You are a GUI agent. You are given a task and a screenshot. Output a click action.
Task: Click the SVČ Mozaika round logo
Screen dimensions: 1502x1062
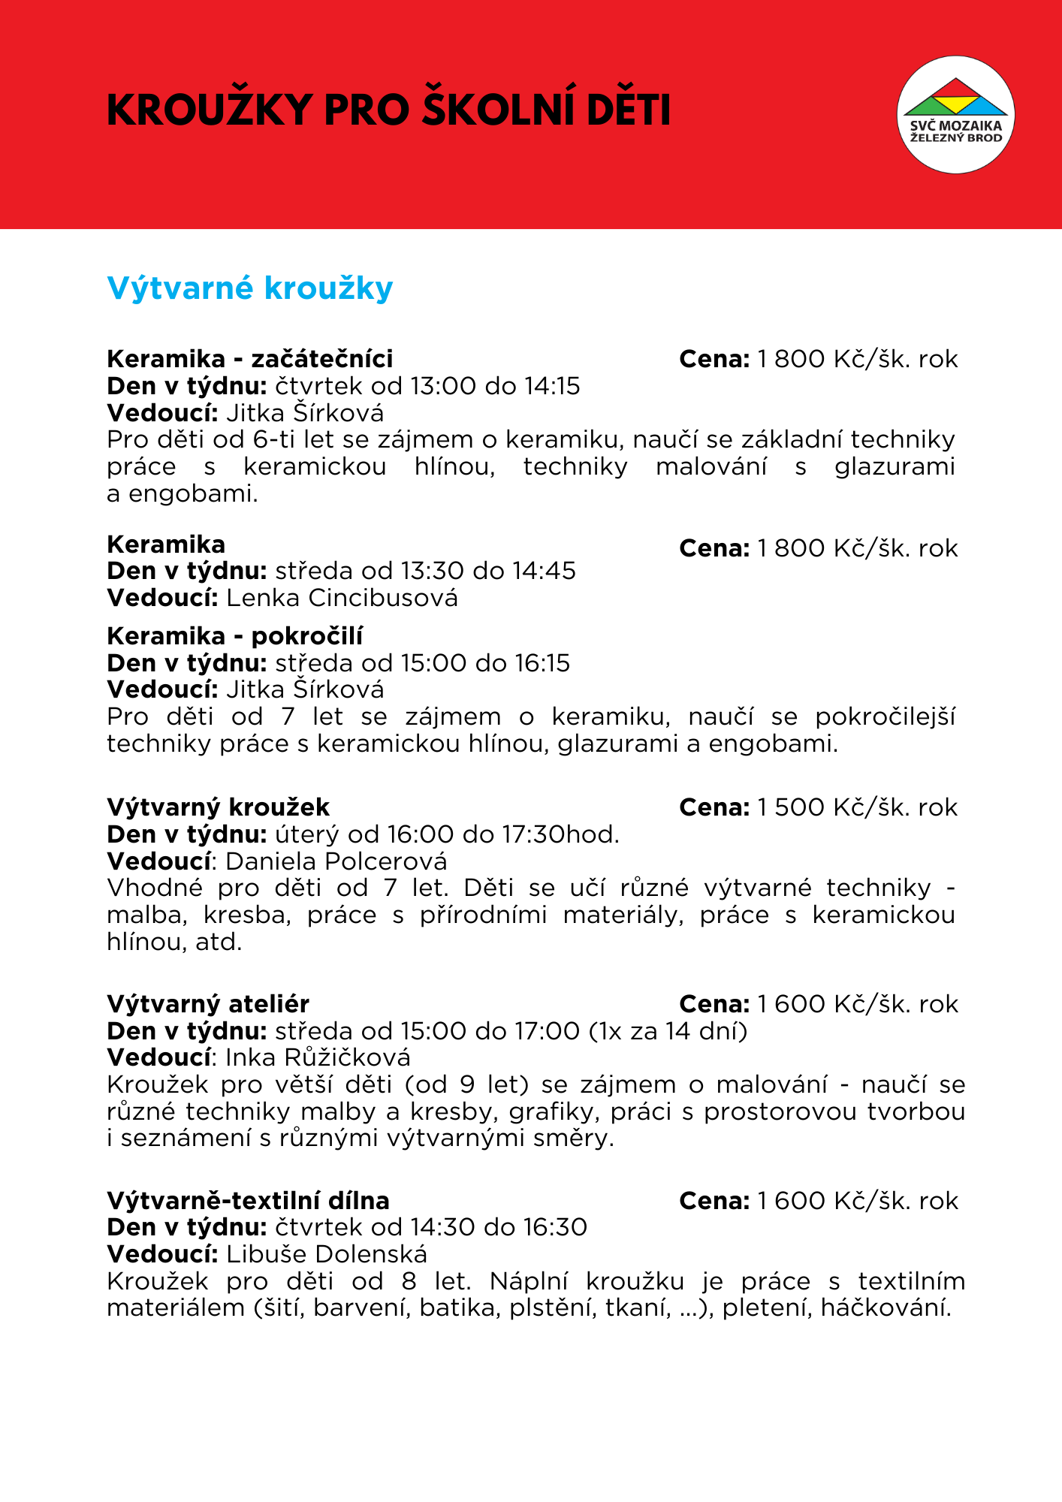pos(955,114)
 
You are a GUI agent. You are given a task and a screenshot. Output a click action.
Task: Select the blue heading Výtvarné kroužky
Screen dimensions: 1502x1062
pos(250,288)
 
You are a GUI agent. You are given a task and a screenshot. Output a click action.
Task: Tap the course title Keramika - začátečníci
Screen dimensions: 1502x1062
pos(250,359)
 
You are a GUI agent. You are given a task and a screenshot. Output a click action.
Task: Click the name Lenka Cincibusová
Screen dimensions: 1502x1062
pos(342,598)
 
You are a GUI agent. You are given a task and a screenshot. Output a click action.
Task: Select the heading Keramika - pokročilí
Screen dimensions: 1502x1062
pos(235,636)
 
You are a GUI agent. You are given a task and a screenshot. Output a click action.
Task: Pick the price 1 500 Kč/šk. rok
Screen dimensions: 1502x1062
pos(858,807)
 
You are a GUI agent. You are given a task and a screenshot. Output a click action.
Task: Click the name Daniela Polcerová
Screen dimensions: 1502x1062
pos(336,861)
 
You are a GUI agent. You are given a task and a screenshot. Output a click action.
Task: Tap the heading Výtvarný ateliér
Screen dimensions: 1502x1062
pos(208,1004)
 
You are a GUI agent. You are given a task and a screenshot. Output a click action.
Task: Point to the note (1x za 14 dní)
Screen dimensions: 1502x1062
pos(668,1031)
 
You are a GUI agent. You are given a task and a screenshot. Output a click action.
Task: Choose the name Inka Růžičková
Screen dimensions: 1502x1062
pos(318,1057)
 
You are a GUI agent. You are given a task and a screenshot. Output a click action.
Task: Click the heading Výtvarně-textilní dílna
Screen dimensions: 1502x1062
pos(248,1201)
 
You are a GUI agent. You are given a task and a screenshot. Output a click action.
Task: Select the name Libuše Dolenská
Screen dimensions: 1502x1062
pos(327,1254)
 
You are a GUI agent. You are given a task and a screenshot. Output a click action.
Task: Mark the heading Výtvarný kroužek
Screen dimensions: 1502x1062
pos(219,807)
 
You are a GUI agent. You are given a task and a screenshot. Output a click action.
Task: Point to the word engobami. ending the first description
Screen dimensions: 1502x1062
pos(193,494)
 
